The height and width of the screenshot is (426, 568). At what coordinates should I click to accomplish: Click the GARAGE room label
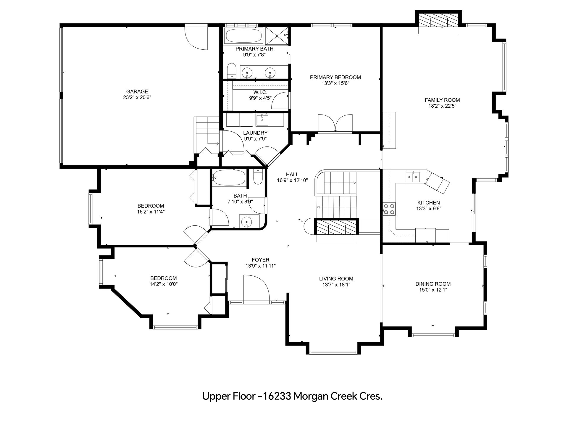tap(137, 91)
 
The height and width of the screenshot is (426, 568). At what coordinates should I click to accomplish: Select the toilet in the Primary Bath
tap(232, 71)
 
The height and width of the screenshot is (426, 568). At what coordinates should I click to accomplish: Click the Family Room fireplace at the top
tap(438, 22)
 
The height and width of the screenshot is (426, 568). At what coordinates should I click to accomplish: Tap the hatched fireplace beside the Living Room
tap(336, 227)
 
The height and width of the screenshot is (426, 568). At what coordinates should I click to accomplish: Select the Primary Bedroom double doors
tap(335, 123)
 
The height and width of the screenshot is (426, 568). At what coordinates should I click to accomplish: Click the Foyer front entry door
tap(256, 288)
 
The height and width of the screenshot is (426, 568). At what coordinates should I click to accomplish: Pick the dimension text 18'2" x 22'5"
tap(442, 106)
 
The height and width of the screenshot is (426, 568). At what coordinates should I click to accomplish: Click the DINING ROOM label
tap(433, 284)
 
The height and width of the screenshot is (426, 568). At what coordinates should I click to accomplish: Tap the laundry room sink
tap(262, 120)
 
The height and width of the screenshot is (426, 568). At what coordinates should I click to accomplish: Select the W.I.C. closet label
tap(260, 92)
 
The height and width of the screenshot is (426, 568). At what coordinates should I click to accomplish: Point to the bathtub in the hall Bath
tap(229, 178)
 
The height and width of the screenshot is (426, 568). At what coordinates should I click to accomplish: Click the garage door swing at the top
tap(196, 38)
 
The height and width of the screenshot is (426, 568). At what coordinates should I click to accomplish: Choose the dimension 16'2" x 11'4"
tap(151, 212)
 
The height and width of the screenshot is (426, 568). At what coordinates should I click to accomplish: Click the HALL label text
tap(292, 175)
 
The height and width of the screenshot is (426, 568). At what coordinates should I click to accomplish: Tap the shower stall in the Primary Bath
tap(277, 36)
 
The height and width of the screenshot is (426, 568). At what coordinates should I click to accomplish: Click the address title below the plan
tap(292, 396)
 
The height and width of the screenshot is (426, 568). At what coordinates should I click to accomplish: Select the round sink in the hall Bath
tap(246, 222)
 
